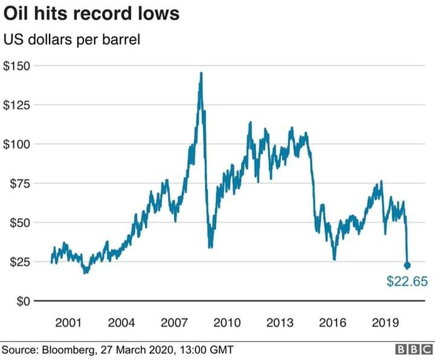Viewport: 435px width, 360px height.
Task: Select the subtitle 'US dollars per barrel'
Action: coord(72,40)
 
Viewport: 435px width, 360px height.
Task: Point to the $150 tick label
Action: coord(17,66)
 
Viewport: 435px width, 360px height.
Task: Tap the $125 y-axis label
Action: coord(17,105)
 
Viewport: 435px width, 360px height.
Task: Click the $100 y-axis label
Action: coord(17,144)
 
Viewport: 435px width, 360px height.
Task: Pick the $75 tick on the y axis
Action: coord(20,184)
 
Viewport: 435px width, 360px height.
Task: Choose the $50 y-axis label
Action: coord(20,223)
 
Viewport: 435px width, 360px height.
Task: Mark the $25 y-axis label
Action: coord(20,262)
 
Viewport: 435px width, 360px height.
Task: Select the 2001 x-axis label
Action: coord(68,323)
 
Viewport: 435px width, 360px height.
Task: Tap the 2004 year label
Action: coord(121,323)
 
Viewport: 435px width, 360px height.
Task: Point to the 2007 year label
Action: coord(174,323)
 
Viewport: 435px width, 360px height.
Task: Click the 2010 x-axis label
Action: coord(227,323)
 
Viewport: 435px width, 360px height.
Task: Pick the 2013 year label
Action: coord(280,323)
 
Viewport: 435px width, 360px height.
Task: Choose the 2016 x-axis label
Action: coord(333,323)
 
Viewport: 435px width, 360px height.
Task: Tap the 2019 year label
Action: coord(385,323)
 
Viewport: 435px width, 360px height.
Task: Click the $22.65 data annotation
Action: coord(407,281)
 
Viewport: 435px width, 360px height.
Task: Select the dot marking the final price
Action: coord(407,266)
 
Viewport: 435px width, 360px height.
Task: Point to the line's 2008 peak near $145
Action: coord(201,73)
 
